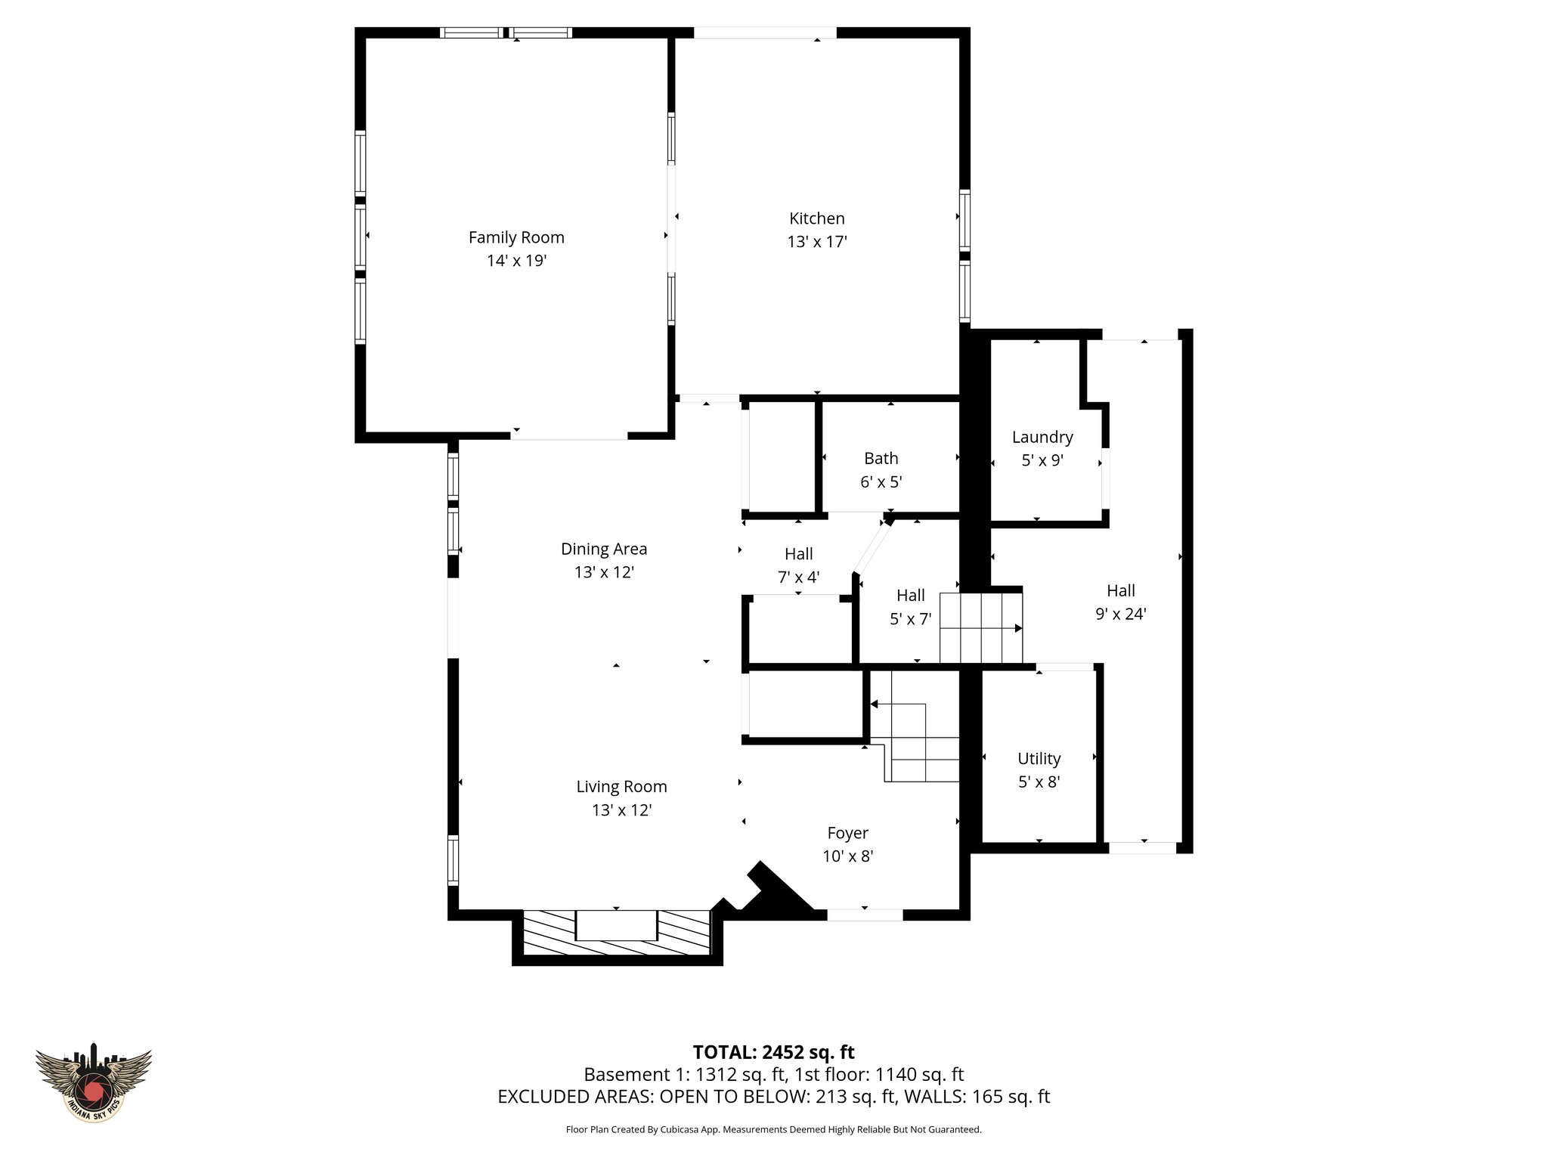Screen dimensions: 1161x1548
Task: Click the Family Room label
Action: tap(516, 237)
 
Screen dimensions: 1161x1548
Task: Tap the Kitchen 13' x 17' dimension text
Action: tap(816, 242)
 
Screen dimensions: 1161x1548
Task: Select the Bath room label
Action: tap(881, 458)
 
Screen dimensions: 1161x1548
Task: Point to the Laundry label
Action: tap(1042, 437)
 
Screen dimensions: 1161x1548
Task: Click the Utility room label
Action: tap(1039, 758)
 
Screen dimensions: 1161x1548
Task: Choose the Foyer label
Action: tap(847, 832)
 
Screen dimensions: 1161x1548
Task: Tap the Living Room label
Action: tap(621, 786)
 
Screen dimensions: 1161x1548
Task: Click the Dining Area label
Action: tap(603, 549)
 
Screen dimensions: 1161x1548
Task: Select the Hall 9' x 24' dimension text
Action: tap(1120, 614)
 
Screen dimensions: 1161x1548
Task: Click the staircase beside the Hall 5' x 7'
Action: tap(980, 628)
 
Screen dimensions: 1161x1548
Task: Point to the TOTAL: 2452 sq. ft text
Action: tap(773, 1051)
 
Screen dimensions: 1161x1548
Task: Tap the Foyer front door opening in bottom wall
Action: tap(865, 915)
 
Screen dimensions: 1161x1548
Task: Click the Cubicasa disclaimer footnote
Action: tap(773, 1129)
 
